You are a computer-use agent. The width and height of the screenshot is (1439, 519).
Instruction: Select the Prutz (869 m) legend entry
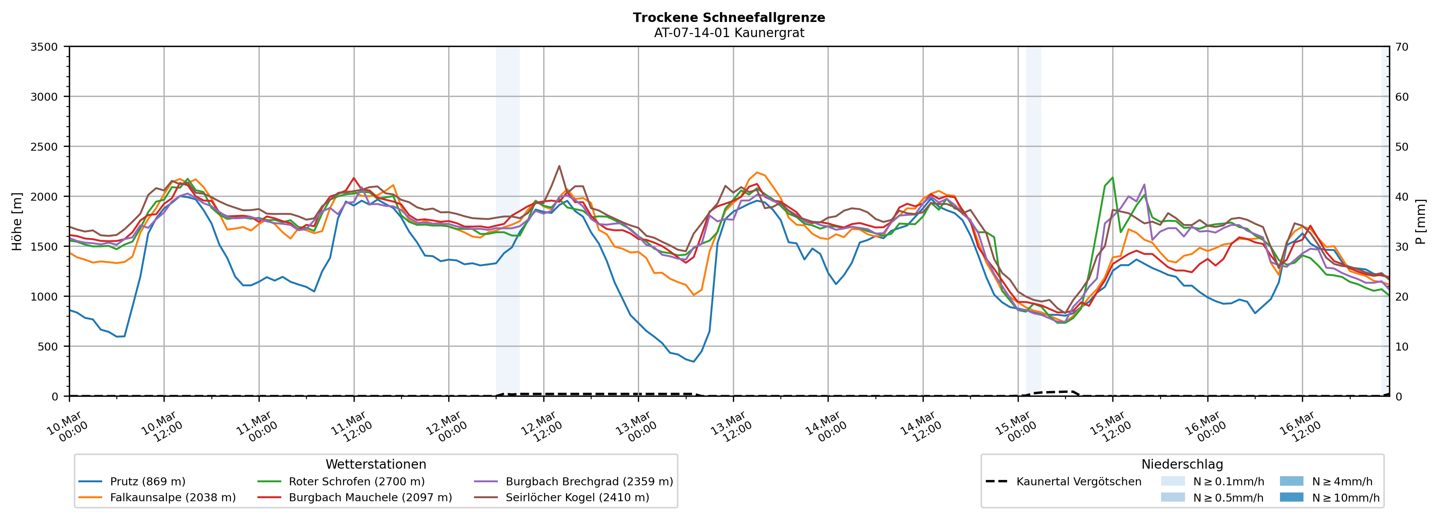click(148, 482)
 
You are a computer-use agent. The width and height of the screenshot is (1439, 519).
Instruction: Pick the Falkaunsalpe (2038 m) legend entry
click(173, 497)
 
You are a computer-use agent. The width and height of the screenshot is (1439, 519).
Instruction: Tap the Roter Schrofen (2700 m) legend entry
click(356, 482)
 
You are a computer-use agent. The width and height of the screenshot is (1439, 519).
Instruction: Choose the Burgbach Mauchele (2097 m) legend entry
click(370, 497)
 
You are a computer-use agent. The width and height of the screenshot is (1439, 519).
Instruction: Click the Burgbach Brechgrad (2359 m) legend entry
click(589, 482)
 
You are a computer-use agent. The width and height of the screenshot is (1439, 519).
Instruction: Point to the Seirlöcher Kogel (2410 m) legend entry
click(577, 497)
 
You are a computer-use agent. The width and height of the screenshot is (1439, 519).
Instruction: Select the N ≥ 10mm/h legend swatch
click(1291, 497)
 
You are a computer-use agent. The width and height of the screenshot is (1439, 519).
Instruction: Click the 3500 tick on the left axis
click(44, 47)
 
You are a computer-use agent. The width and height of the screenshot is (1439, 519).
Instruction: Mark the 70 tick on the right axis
click(1402, 47)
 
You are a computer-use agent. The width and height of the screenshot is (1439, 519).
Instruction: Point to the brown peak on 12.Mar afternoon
click(559, 166)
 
